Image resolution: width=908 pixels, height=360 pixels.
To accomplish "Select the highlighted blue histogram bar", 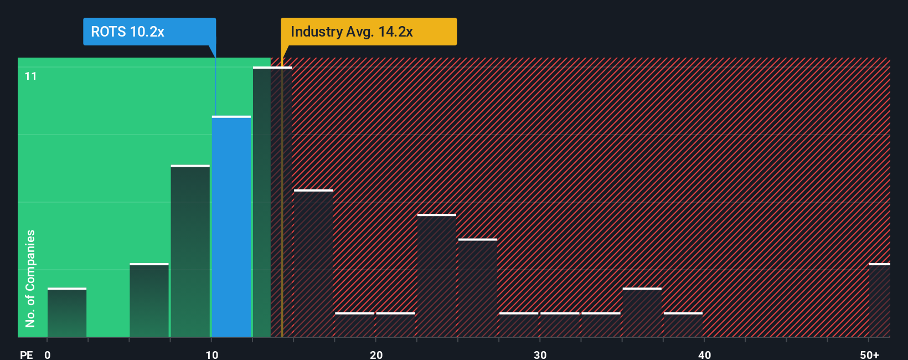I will click(x=231, y=227).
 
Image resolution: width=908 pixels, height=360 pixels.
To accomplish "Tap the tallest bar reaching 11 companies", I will click(x=272, y=202).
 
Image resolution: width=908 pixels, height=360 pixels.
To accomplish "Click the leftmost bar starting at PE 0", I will click(x=67, y=313).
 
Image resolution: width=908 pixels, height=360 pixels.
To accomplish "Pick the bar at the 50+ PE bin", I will click(x=879, y=301).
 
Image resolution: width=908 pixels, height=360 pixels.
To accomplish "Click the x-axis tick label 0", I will click(x=48, y=354).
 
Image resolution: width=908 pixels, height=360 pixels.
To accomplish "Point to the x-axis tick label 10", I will click(x=212, y=354).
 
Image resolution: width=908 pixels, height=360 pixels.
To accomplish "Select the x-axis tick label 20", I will click(x=376, y=354).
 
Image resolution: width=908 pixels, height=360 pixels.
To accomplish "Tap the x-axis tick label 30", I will click(x=540, y=354).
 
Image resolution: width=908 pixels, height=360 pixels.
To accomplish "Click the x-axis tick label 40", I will click(x=704, y=354).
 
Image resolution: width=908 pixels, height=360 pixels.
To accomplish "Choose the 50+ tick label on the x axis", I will click(x=869, y=354).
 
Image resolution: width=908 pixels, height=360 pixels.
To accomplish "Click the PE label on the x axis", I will click(x=26, y=354).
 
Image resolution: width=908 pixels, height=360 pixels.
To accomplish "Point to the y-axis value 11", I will click(x=31, y=76).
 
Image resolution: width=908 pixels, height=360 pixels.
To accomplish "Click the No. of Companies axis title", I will click(x=30, y=278).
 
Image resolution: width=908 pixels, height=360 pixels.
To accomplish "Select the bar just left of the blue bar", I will click(x=190, y=251).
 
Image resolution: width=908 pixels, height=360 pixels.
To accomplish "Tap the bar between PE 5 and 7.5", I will click(x=149, y=301).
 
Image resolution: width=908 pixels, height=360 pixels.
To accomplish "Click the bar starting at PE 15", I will click(x=313, y=264).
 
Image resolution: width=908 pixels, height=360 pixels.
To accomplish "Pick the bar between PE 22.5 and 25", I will click(x=437, y=276).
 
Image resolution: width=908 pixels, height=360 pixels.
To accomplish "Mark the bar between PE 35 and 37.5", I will click(x=642, y=313).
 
